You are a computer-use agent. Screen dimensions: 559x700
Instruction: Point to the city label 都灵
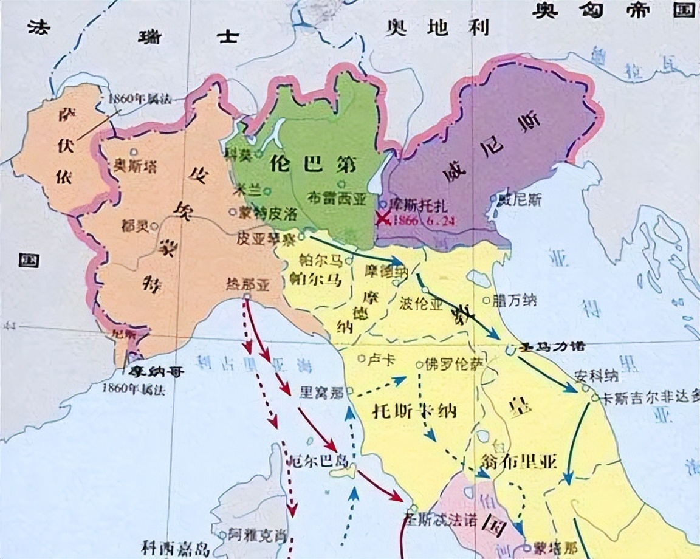(134, 224)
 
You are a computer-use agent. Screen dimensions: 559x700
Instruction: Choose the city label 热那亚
(247, 283)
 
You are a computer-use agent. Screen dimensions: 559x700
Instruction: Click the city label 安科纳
(595, 376)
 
